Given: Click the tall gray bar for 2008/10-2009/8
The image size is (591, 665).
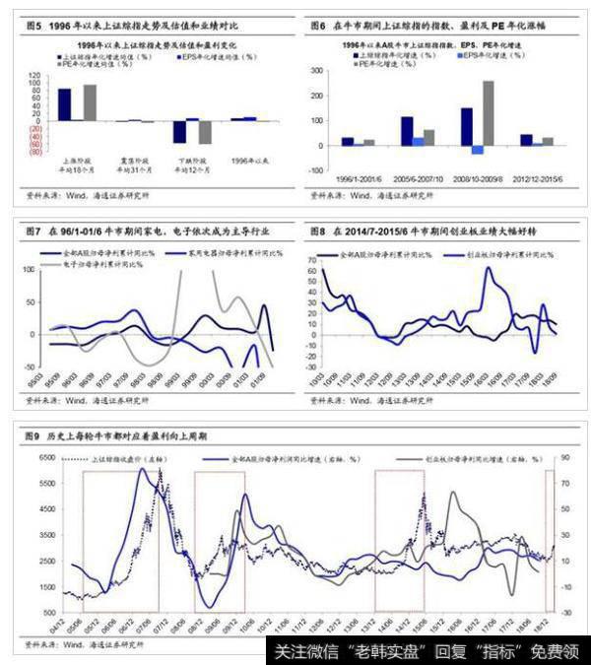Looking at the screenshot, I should click(489, 112).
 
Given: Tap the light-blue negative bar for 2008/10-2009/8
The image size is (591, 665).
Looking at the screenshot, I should click(477, 150).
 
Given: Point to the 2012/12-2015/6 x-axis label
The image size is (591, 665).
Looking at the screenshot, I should click(538, 177).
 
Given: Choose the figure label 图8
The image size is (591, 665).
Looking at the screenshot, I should click(317, 230).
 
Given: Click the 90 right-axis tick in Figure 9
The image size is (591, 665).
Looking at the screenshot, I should click(566, 458).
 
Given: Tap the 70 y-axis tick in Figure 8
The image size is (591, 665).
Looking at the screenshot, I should click(316, 257).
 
